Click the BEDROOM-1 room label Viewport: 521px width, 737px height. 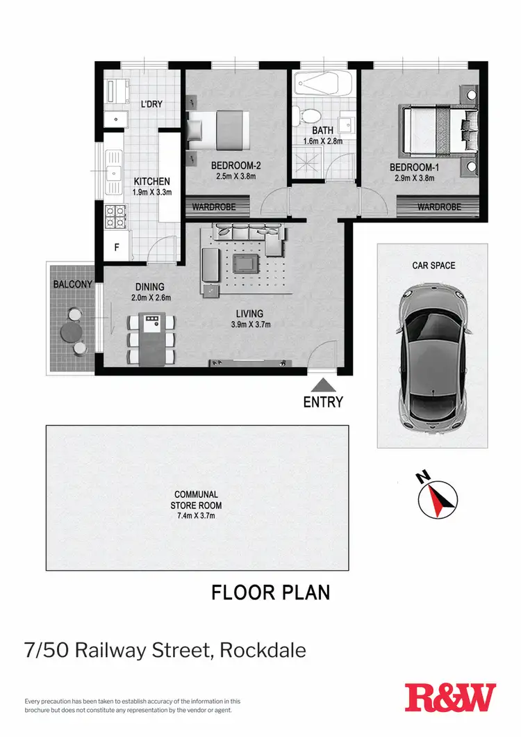(414, 168)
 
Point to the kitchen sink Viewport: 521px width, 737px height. (112, 170)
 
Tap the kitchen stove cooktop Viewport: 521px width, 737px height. (114, 216)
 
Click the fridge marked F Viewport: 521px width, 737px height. (115, 247)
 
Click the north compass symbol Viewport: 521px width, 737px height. (437, 498)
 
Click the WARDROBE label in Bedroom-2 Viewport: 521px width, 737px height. (214, 207)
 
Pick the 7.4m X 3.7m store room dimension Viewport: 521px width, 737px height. (197, 516)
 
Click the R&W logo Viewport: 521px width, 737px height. (450, 697)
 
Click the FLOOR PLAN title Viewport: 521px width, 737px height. (270, 592)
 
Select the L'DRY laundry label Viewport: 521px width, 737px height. (151, 104)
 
